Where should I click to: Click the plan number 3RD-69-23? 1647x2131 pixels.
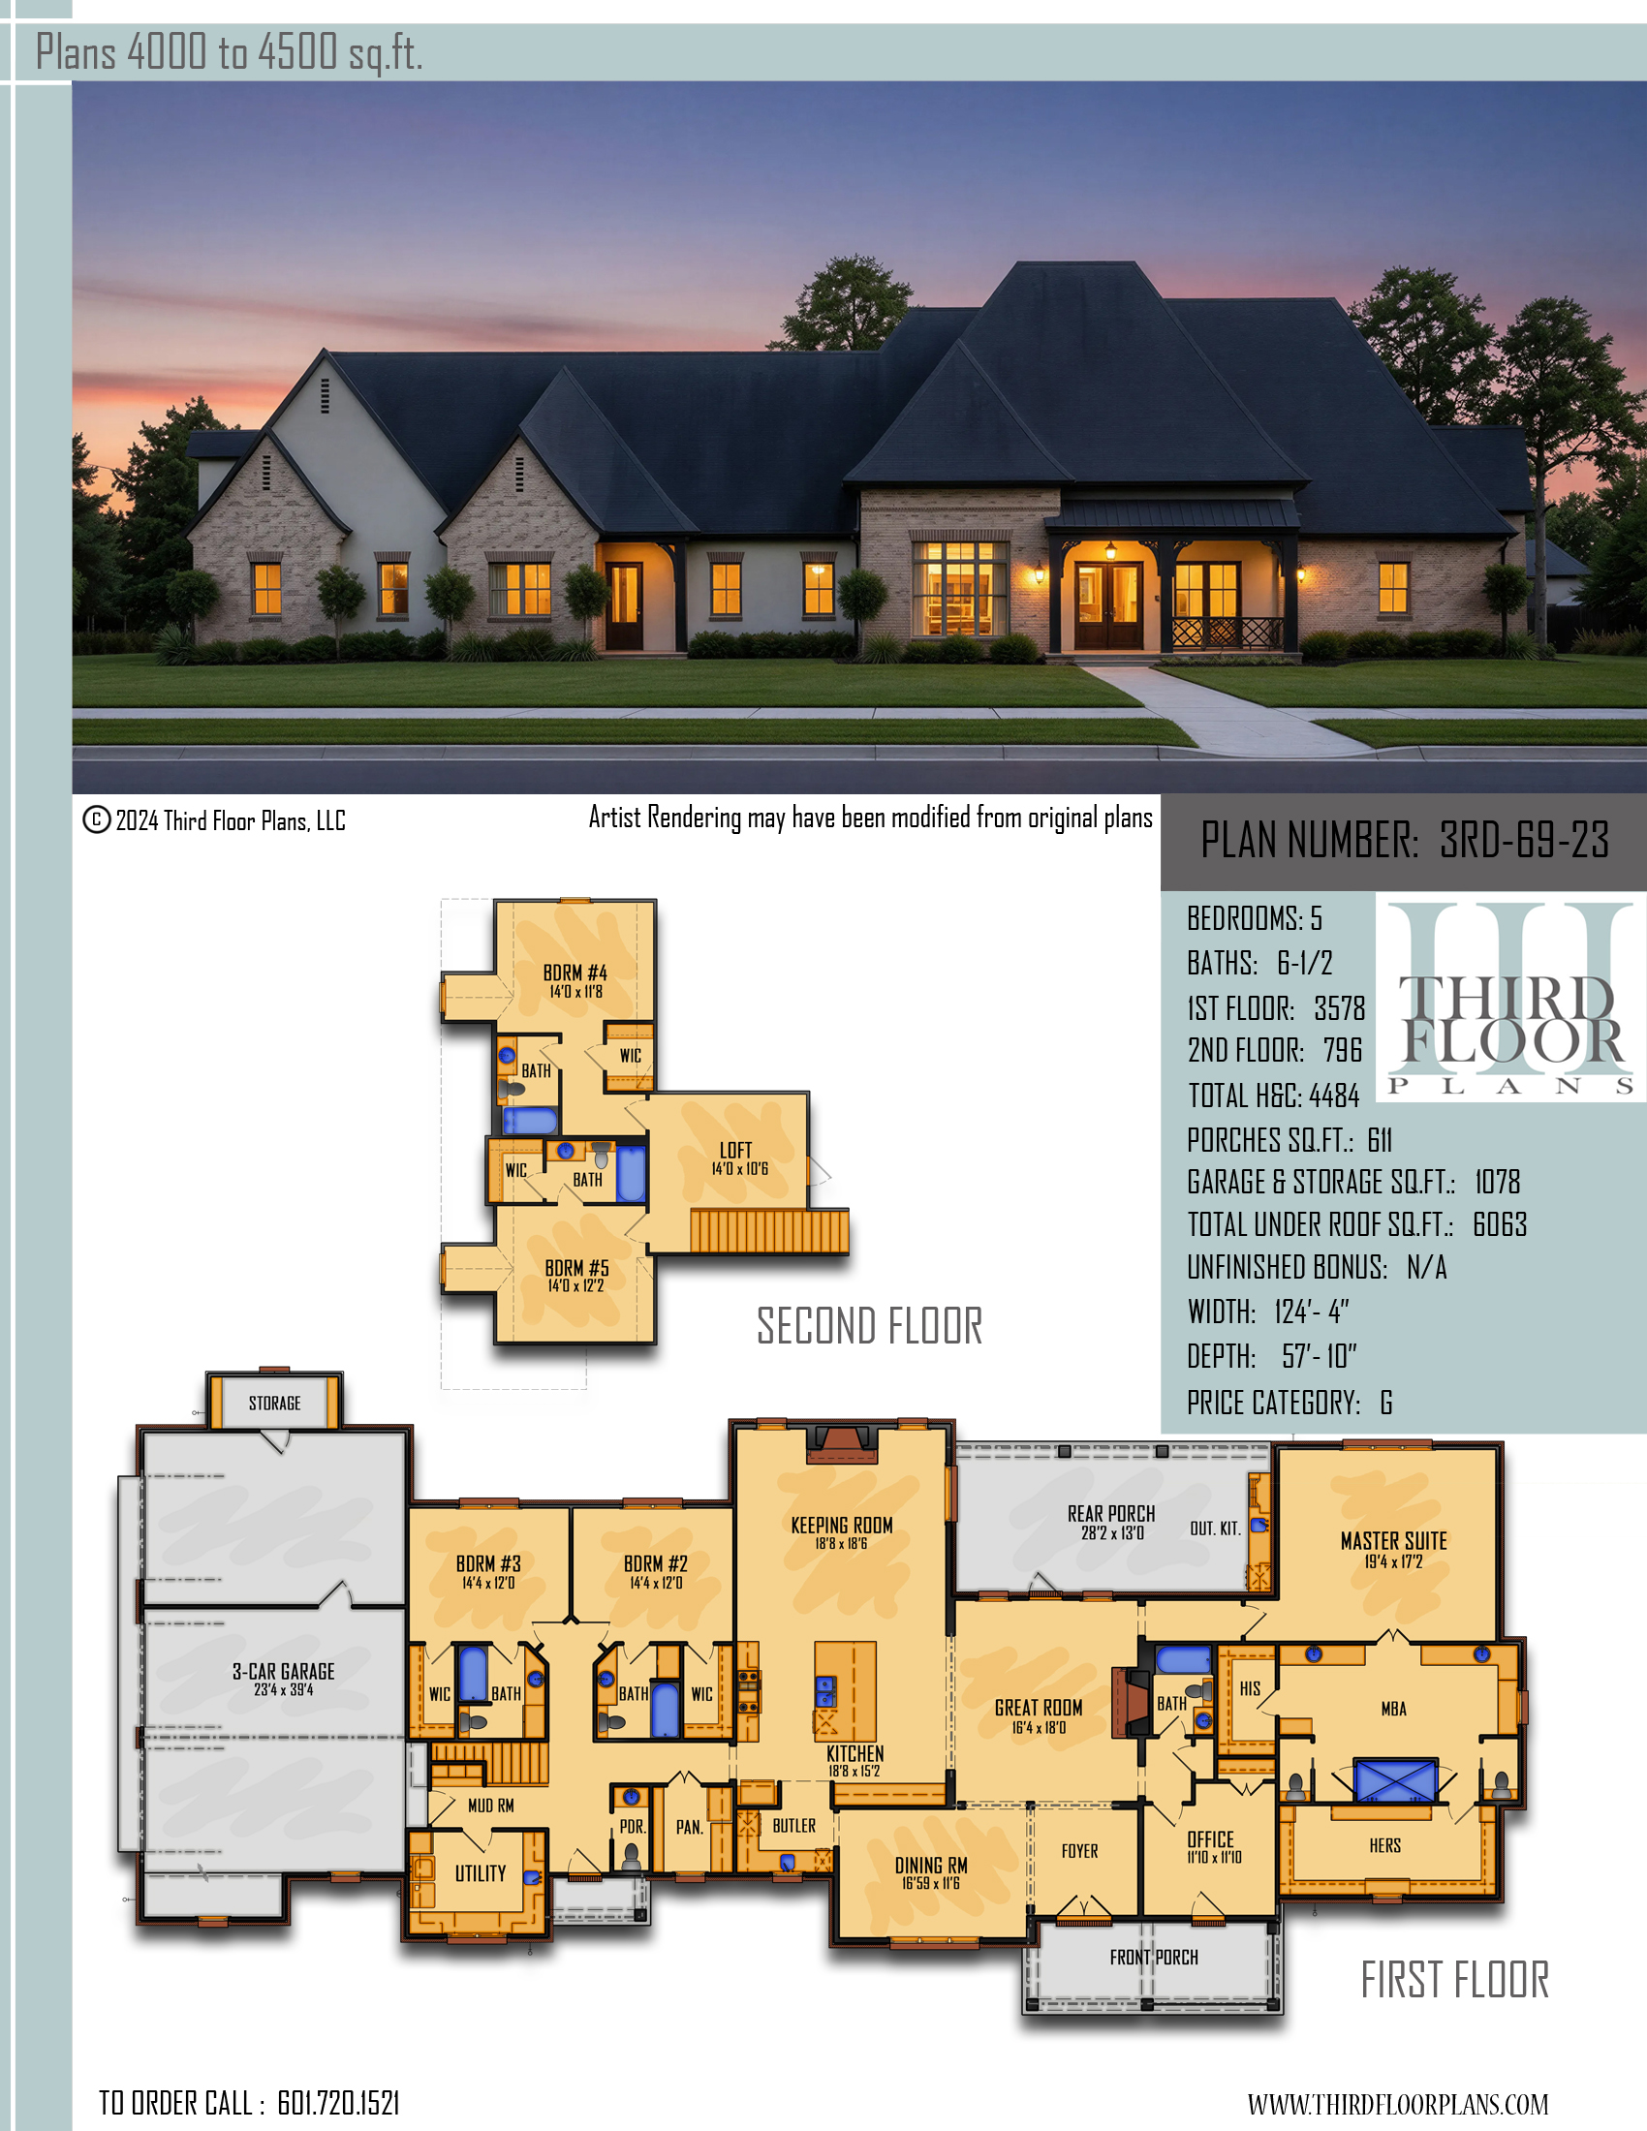[1524, 840]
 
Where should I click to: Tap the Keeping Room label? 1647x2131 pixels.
[842, 1525]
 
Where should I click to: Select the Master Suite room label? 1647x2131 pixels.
[1393, 1542]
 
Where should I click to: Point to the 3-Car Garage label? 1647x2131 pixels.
[283, 1672]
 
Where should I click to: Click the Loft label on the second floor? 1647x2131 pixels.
[735, 1151]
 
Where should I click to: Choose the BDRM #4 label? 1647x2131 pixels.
[575, 973]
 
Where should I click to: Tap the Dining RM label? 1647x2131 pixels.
[931, 1866]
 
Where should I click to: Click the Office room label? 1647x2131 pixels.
[1211, 1839]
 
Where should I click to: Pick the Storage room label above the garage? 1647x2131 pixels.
[274, 1404]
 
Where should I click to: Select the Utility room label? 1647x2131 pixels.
[480, 1873]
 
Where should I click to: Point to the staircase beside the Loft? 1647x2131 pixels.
[769, 1230]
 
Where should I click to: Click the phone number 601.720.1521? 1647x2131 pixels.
[338, 2103]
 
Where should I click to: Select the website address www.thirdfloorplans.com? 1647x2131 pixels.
[1397, 2104]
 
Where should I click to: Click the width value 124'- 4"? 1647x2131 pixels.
[1312, 1313]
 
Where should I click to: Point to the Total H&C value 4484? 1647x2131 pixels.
[1333, 1096]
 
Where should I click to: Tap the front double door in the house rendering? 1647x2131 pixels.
[1108, 605]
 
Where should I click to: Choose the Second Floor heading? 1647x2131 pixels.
[869, 1326]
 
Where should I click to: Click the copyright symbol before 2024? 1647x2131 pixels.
[96, 819]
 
